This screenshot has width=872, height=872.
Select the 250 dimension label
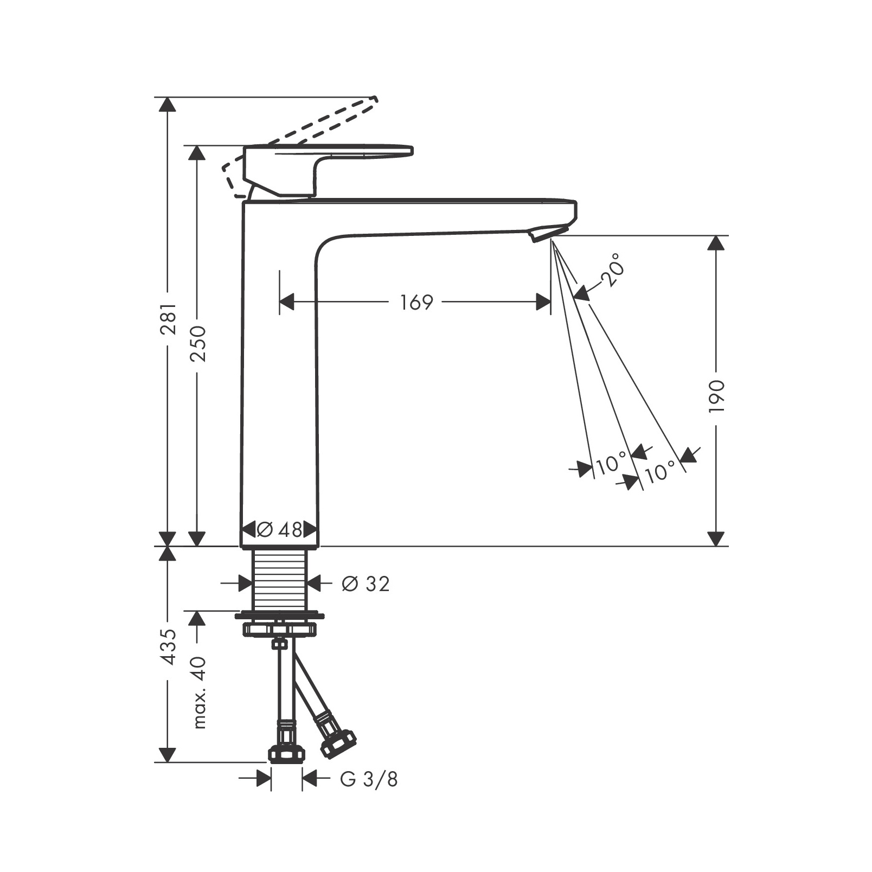(197, 344)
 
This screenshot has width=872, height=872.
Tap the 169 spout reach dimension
(416, 302)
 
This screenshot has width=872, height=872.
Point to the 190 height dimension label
(716, 396)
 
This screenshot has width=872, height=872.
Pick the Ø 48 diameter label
(279, 529)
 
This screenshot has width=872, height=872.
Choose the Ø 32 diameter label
(366, 584)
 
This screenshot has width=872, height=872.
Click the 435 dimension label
(168, 647)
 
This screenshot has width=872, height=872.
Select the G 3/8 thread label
(369, 779)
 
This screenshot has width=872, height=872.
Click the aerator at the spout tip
(542, 234)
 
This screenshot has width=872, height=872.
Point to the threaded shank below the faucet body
(279, 579)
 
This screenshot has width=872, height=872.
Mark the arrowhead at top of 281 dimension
(168, 104)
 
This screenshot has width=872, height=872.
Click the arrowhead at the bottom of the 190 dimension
(716, 538)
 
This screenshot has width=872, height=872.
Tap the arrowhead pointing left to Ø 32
(313, 584)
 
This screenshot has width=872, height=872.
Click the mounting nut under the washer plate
(279, 629)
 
